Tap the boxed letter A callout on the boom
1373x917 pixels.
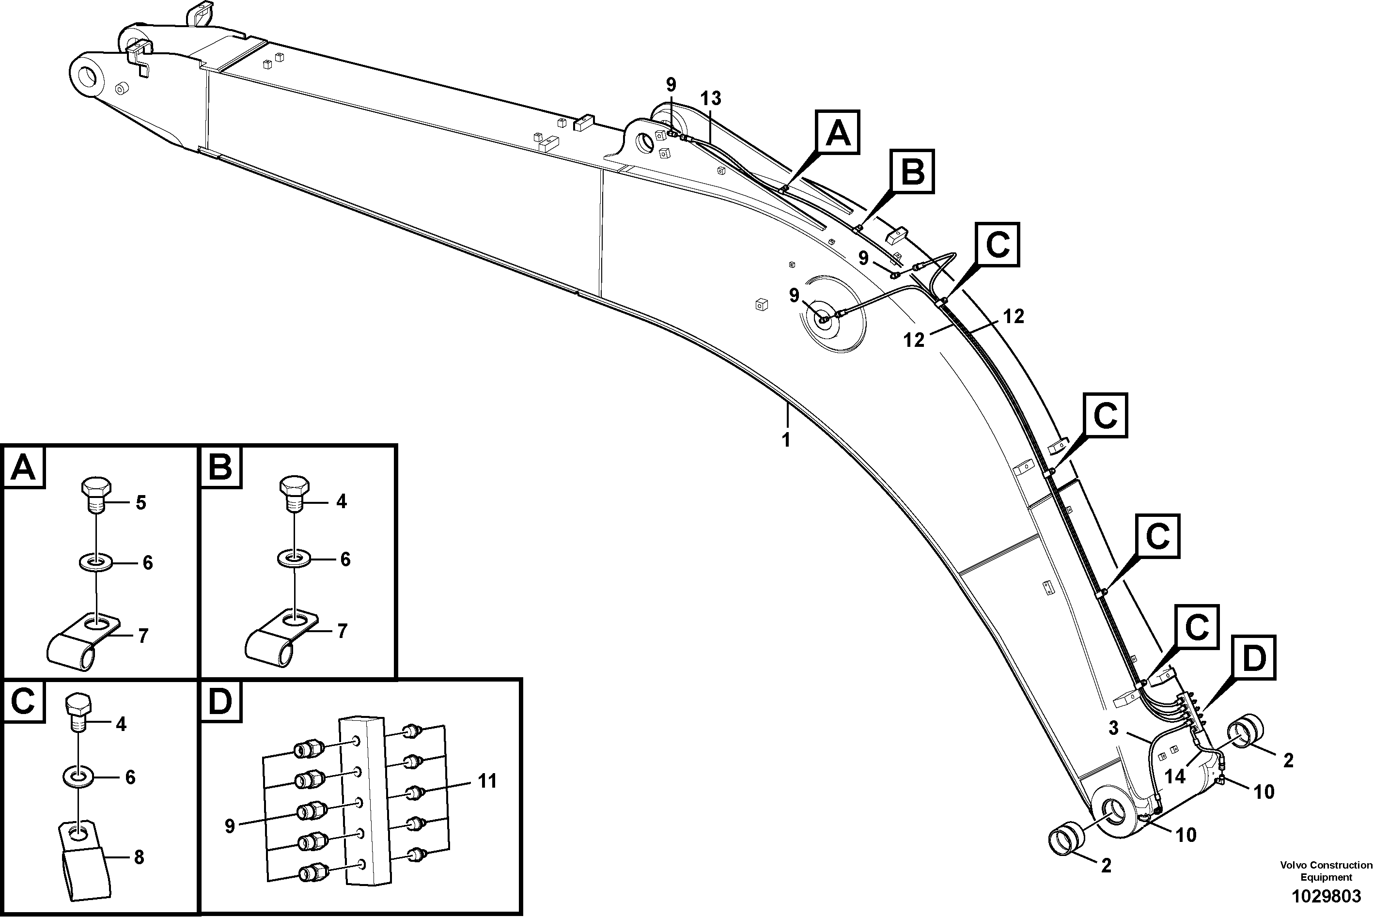click(837, 133)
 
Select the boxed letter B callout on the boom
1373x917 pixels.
click(912, 171)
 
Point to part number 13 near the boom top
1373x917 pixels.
click(711, 98)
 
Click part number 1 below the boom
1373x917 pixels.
click(786, 440)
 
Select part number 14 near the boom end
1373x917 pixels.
click(1174, 777)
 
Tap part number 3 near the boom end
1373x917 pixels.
click(1113, 728)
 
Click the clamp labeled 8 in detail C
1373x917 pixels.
click(85, 860)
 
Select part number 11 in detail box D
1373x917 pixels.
click(486, 781)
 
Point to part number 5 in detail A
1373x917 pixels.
click(140, 502)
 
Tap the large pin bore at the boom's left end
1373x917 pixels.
click(89, 77)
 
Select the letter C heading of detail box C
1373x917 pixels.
click(23, 700)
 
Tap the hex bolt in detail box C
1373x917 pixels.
click(77, 713)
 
